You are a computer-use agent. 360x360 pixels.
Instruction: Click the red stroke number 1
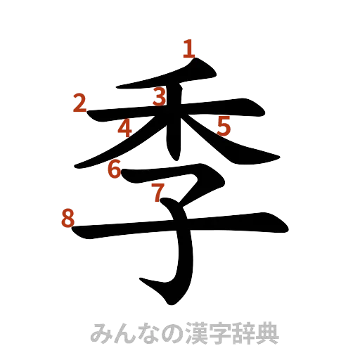188,49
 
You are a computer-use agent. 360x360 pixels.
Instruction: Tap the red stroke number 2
80,103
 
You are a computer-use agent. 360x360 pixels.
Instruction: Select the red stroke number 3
160,96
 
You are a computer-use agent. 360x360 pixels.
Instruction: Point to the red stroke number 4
125,129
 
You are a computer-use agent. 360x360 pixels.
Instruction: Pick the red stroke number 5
224,126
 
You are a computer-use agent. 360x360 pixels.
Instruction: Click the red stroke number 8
68,219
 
